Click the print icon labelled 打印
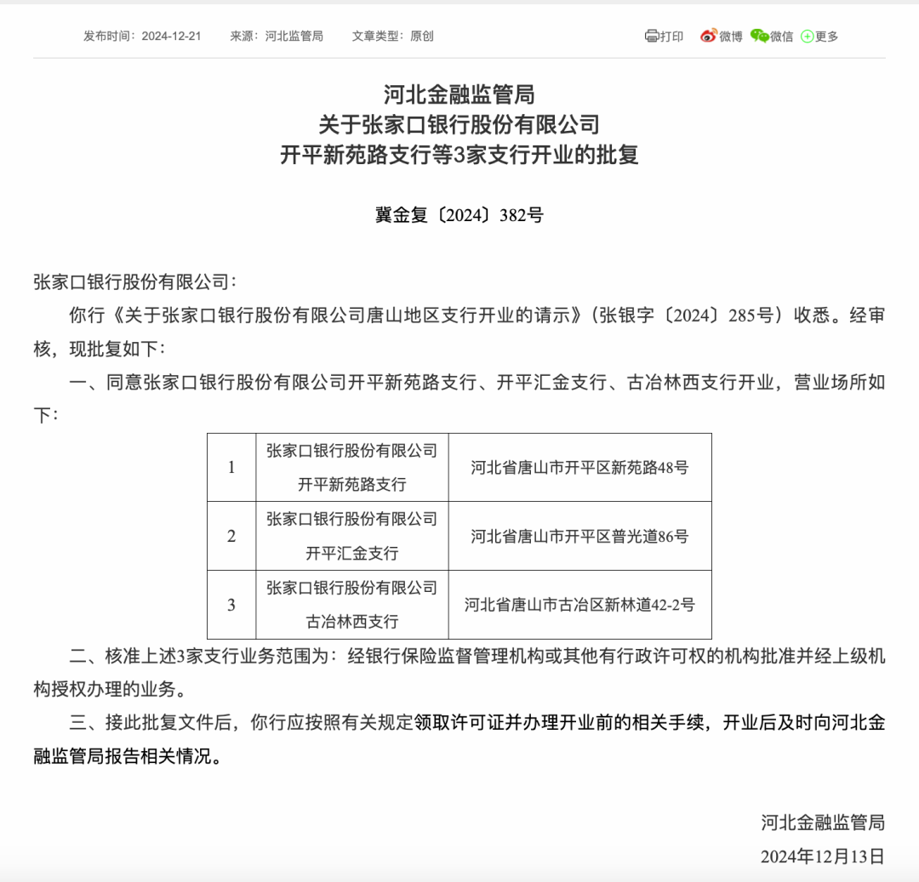653,36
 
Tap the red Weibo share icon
709,36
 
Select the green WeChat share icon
760,36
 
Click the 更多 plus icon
807,37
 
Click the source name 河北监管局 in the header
294,37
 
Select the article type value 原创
422,37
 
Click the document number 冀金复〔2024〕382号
459,215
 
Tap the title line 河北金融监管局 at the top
459,94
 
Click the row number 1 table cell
231,467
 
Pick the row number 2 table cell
231,536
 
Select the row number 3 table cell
231,605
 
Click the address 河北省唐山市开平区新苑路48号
579,467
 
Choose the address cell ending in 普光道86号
579,536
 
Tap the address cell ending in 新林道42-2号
579,605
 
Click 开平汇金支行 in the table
352,553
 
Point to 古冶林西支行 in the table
352,622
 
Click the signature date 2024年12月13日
823,856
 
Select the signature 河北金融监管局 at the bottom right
823,822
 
